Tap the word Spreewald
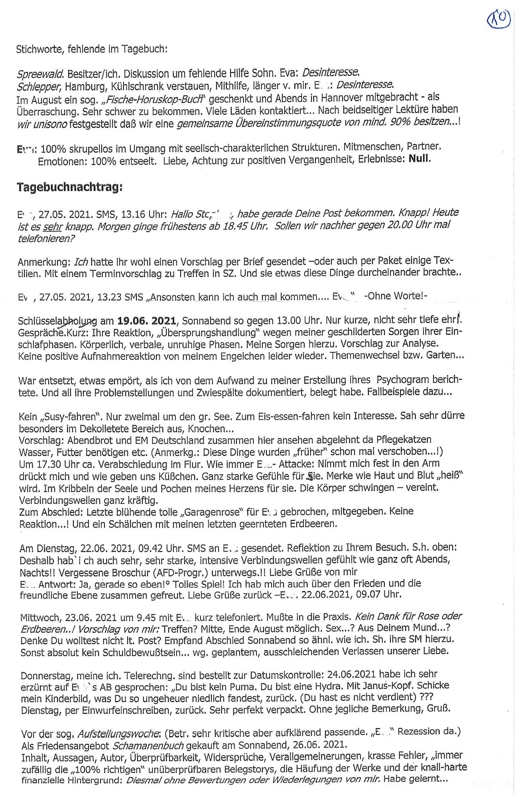[x=40, y=74]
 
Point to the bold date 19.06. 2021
[x=147, y=321]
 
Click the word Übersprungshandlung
[x=219, y=332]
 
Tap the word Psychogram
[x=403, y=379]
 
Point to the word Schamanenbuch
[x=148, y=745]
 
